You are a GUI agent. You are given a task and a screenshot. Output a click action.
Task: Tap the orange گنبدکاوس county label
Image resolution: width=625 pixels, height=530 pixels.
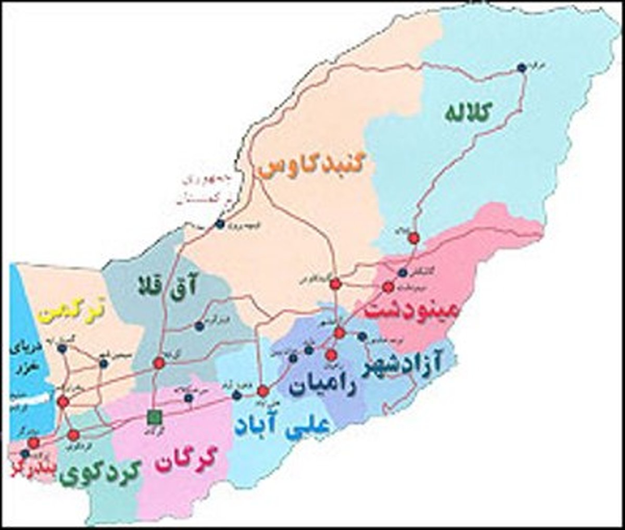317,168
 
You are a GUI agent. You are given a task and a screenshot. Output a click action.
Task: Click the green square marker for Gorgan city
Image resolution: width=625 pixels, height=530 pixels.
154,416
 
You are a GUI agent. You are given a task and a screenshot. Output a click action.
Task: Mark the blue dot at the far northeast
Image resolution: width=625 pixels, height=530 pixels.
521,67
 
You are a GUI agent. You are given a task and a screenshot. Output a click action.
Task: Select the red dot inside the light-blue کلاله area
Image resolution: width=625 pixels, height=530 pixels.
414,238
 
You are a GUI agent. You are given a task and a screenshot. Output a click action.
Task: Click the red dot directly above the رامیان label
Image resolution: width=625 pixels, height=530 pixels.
331,355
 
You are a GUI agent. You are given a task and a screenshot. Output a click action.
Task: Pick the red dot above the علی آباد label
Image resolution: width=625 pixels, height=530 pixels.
264,390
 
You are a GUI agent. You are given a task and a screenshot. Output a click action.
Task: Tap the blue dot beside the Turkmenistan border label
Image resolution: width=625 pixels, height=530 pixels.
220,224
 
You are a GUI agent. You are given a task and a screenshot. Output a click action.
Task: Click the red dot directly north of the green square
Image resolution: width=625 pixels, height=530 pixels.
159,363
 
